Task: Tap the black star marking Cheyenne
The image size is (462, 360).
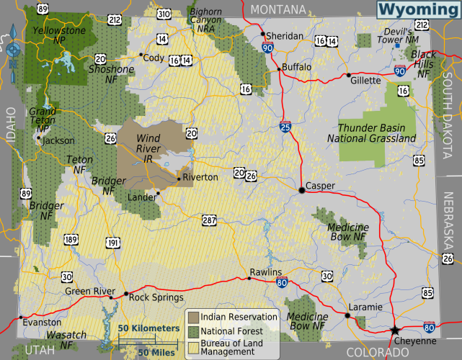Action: [394, 330]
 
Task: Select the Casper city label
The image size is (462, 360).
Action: [321, 186]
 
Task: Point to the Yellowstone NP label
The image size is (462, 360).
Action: [57, 35]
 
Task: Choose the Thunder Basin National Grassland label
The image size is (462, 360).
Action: [371, 132]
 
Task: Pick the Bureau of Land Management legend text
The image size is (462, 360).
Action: [233, 347]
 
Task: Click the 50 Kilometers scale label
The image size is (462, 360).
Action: [148, 328]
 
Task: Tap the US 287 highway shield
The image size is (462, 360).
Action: [209, 219]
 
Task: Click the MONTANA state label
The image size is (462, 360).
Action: [278, 7]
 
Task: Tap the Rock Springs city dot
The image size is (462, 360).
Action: [126, 294]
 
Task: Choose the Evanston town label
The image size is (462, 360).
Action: [43, 323]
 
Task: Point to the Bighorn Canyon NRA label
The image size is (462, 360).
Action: [206, 21]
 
